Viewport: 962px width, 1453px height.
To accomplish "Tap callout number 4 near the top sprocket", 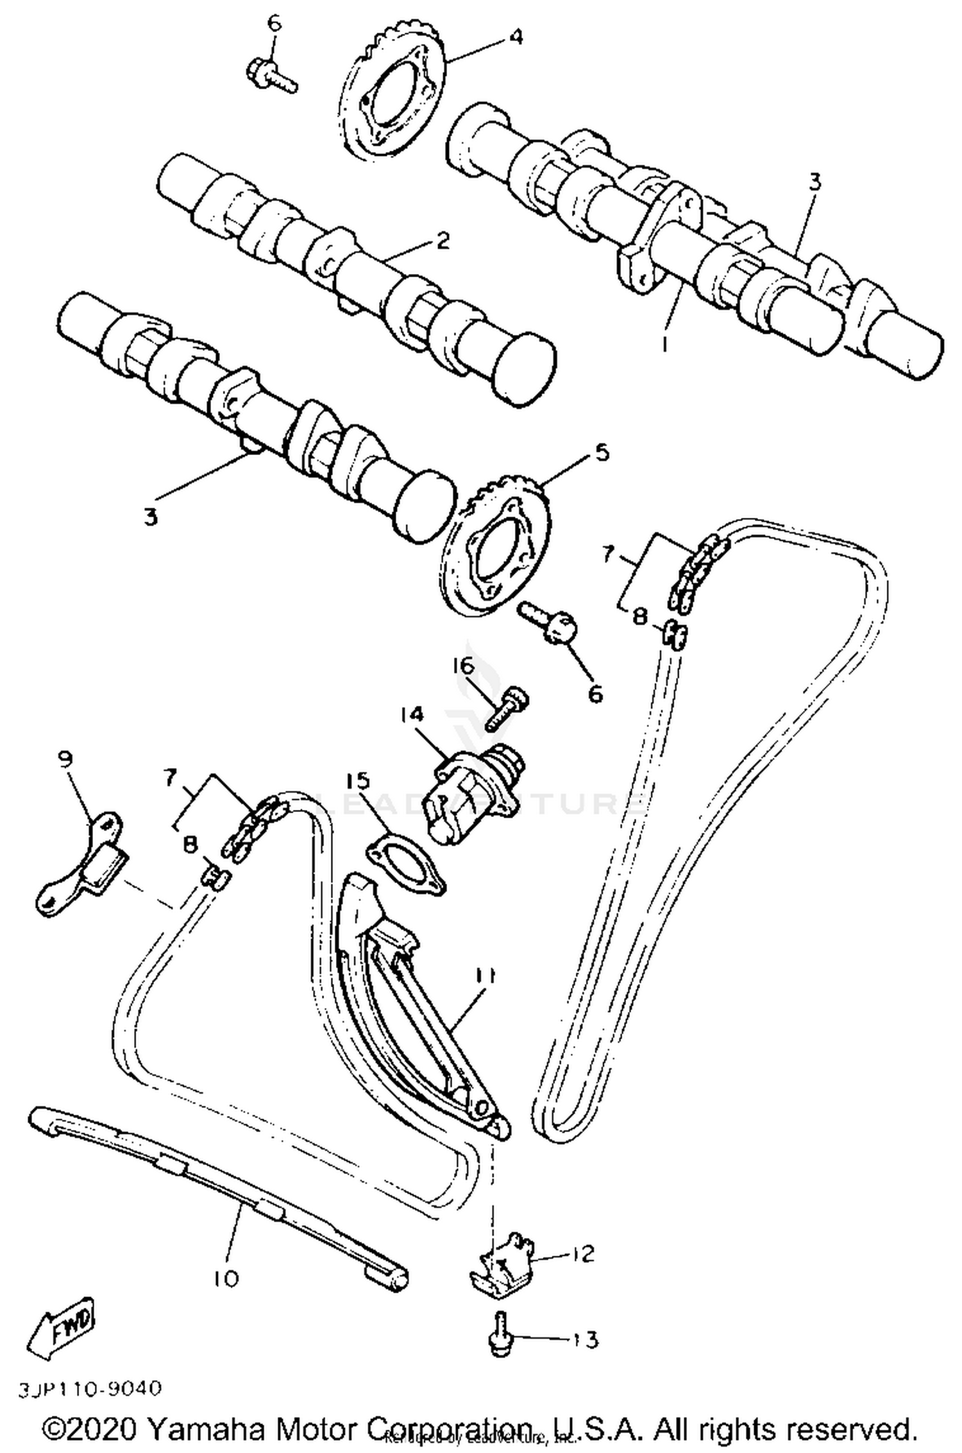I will click(514, 37).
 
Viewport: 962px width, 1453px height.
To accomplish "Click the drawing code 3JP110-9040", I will click(90, 1389).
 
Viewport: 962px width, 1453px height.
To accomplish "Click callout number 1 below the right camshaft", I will click(665, 345).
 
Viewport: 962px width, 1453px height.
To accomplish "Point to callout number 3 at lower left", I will click(150, 516).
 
